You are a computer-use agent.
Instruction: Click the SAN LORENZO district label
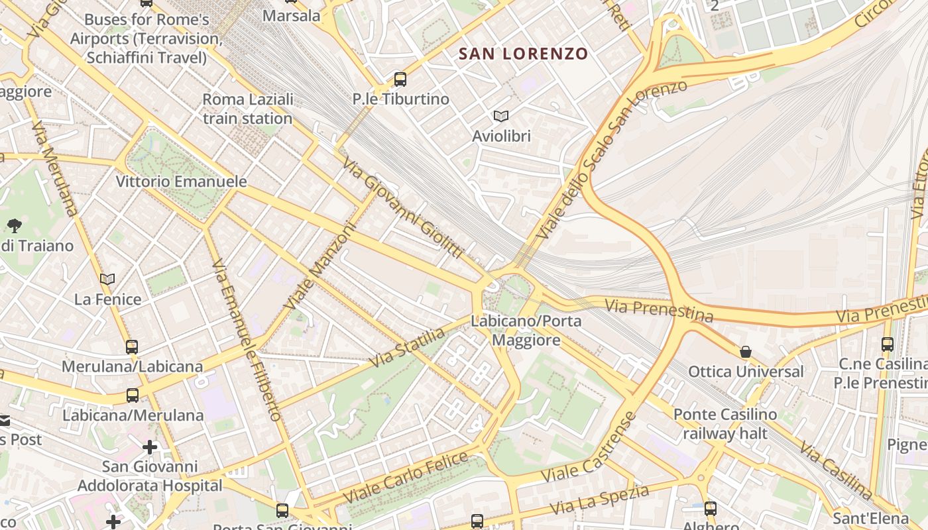523,54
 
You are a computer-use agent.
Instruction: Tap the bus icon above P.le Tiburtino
400,79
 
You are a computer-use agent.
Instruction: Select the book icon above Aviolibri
501,117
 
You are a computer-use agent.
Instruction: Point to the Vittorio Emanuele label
181,182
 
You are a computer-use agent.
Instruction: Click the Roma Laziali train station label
247,109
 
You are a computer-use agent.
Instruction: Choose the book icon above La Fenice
107,280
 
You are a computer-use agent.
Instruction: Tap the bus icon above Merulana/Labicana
132,346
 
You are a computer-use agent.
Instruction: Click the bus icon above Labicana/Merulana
133,396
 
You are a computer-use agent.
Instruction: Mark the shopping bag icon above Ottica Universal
746,351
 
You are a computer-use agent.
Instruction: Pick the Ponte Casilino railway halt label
725,424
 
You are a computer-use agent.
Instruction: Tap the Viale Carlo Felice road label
406,477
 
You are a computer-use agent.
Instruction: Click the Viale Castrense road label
589,448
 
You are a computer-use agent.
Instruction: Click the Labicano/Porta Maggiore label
526,331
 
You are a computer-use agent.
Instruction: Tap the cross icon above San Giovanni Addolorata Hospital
150,447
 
